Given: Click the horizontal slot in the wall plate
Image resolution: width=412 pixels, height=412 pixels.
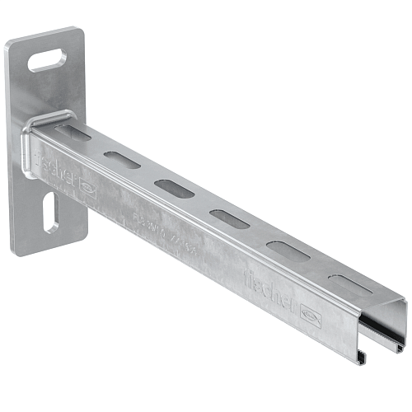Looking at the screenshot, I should point(49,60).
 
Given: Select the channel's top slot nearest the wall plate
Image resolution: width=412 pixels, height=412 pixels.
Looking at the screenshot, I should point(73,132).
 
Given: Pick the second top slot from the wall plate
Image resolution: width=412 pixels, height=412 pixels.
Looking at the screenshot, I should point(121,160).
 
